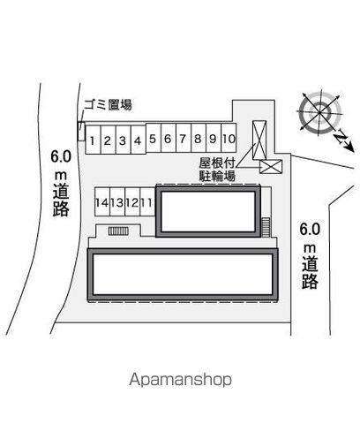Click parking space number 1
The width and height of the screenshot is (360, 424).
point(93,140)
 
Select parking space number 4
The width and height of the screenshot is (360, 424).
point(139,140)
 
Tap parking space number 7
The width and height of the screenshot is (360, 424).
point(184,138)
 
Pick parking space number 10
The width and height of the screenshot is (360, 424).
point(229,138)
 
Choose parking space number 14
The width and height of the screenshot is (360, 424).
point(102,202)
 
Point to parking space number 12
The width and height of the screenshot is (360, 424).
point(132,202)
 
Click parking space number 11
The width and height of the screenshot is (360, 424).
point(147,202)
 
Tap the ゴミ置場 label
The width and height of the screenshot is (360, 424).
point(108,104)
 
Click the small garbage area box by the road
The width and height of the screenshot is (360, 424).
point(81,131)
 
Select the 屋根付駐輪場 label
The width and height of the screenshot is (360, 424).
point(217,170)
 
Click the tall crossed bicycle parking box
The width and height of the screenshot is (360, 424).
point(259,140)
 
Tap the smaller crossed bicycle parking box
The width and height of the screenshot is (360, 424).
point(271,167)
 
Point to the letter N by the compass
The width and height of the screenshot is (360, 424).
point(341,138)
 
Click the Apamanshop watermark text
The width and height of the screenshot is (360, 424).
point(180,380)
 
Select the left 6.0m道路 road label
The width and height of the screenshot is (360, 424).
point(61,183)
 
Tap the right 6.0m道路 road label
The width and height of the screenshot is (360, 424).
point(310,255)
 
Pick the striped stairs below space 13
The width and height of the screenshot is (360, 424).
point(118,231)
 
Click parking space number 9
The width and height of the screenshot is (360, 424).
point(214,138)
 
